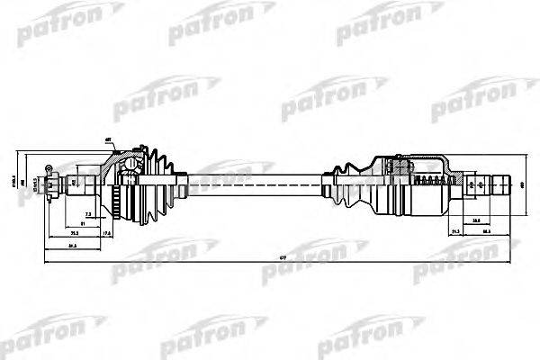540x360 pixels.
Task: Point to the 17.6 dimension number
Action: [107, 233]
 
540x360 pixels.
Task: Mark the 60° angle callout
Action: [108, 140]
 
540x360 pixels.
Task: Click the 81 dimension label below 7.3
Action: [83, 222]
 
